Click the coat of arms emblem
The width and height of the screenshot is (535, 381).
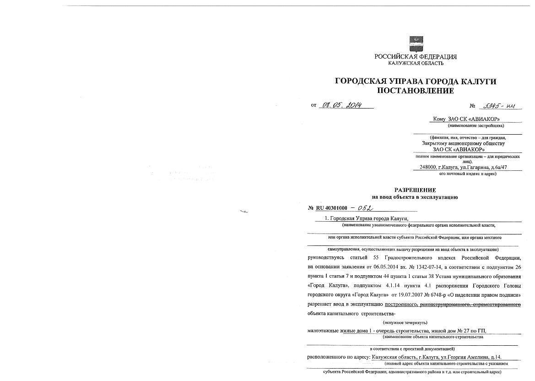tap(416, 44)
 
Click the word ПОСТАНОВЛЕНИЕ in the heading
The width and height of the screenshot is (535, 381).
tap(416, 91)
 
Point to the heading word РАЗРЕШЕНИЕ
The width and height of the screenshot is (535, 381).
tap(415, 190)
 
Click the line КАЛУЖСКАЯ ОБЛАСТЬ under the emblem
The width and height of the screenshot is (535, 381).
tap(416, 63)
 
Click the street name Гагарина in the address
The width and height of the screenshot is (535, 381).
tap(476, 167)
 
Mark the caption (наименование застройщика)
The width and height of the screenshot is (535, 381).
tap(476, 125)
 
